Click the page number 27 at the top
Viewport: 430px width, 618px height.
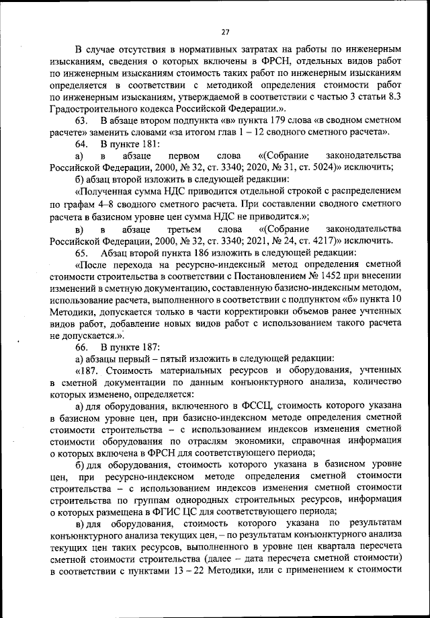tap(225, 31)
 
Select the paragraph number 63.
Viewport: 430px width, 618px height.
tap(81, 120)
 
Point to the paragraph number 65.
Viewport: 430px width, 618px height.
tap(81, 253)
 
